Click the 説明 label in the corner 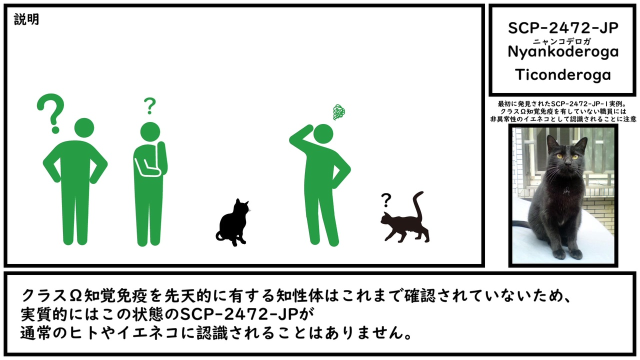tap(26, 19)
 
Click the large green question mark tap(51, 113)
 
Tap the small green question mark tap(149, 105)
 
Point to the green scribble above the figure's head tap(339, 112)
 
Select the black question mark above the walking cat tap(386, 200)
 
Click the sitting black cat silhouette tap(233, 222)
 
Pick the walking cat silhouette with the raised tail tap(405, 218)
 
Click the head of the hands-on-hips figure tap(84, 127)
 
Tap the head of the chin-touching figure tap(150, 131)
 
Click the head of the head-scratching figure tap(323, 133)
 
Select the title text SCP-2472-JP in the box tap(563, 28)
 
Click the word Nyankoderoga tap(563, 52)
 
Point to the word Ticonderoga tap(563, 75)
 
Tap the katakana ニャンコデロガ tap(561, 41)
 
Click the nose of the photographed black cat tap(568, 163)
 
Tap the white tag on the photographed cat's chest tap(565, 191)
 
